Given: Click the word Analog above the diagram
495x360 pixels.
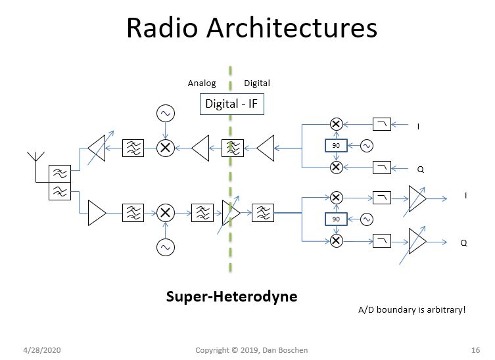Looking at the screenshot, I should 201,83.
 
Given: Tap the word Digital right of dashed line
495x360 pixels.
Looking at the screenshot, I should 257,83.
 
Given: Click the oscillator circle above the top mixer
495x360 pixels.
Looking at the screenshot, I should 165,114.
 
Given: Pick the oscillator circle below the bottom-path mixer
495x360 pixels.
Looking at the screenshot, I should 165,247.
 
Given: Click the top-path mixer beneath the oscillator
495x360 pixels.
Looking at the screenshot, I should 165,148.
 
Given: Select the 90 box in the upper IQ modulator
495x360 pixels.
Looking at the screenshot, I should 336,145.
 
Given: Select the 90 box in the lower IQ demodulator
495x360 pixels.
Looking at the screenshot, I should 336,219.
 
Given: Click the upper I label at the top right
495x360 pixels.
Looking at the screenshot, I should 419,126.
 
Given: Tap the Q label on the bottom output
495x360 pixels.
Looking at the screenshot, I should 463,242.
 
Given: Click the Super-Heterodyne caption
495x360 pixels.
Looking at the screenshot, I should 231,296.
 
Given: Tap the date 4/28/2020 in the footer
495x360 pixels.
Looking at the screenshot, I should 43,349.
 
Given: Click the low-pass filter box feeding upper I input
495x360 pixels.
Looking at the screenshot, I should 382,124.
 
